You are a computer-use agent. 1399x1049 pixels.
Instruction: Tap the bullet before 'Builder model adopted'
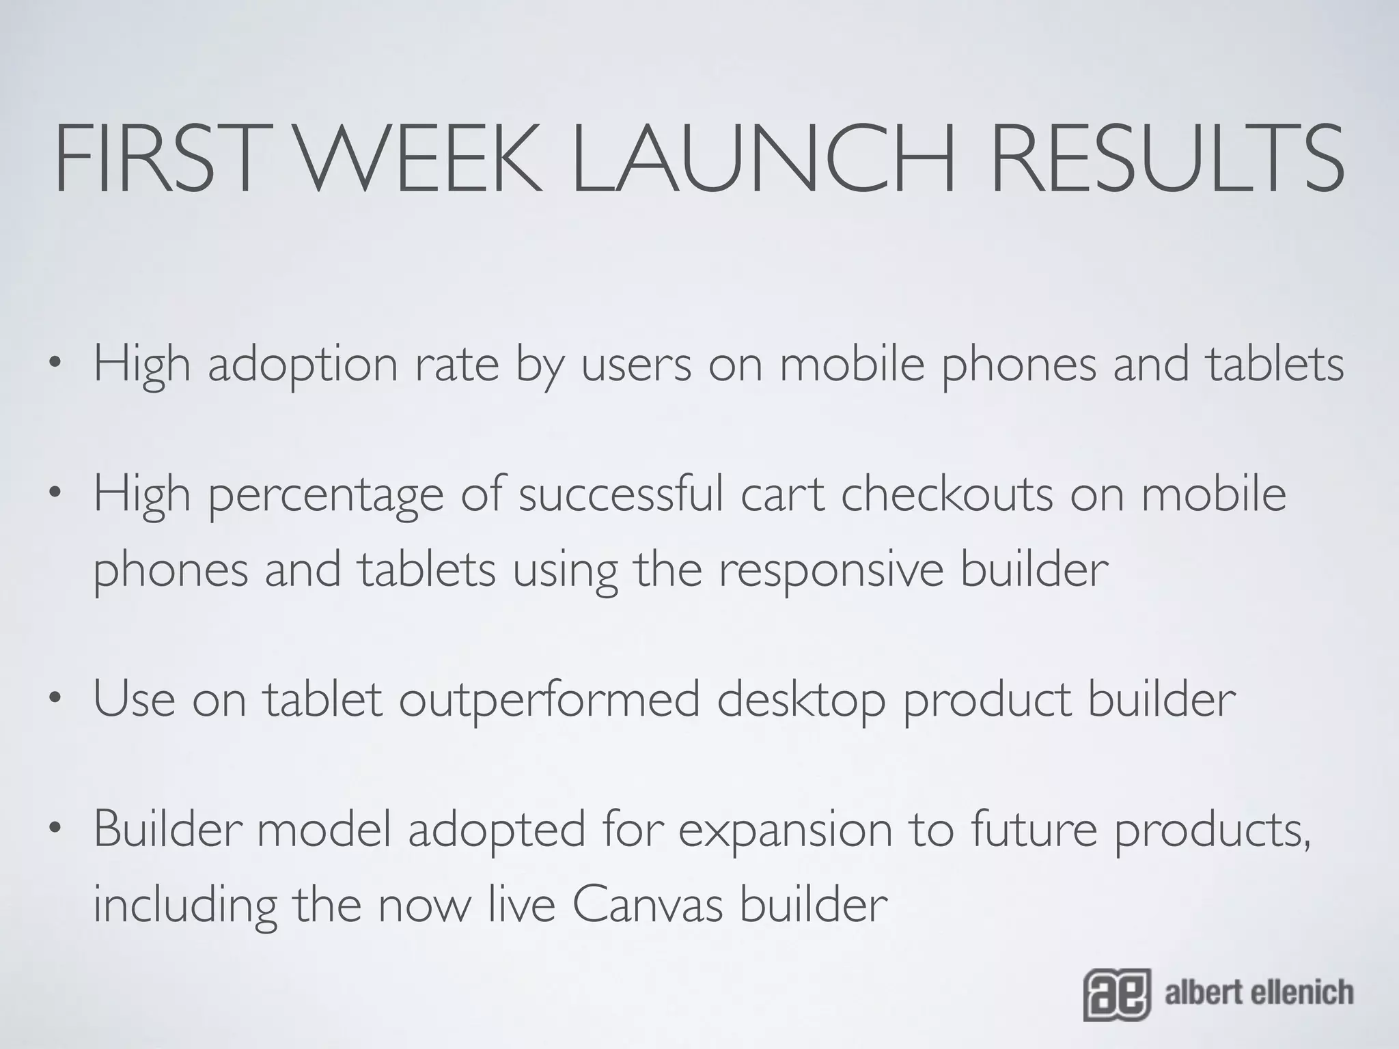pyautogui.click(x=55, y=829)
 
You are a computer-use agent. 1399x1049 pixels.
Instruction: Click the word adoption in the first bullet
pyautogui.click(x=303, y=365)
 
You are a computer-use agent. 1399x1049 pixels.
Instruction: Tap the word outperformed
pyautogui.click(x=549, y=701)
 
